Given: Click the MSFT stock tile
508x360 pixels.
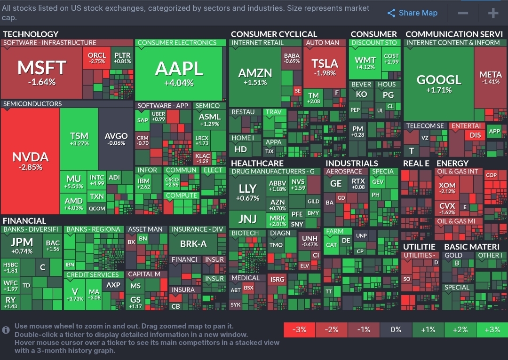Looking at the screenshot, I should [x=41, y=73].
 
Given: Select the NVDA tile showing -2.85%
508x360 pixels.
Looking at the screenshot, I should [x=31, y=161].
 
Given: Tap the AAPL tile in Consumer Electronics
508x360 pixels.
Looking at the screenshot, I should [x=179, y=73].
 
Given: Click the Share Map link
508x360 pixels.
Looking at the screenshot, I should [x=413, y=13].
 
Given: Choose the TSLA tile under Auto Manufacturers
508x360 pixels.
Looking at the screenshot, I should [x=325, y=67].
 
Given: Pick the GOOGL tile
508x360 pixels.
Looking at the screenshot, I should [x=438, y=84].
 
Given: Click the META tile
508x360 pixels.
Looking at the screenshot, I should [x=490, y=78].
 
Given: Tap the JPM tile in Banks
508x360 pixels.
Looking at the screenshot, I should [x=22, y=245].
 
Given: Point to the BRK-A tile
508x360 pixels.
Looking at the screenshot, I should [x=193, y=244].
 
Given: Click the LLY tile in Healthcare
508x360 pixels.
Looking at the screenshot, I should [x=247, y=192].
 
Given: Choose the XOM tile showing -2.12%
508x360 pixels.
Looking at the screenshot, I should [x=447, y=188].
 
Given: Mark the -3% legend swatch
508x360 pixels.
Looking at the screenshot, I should [x=300, y=329].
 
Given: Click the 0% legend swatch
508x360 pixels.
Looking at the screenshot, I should [x=396, y=329].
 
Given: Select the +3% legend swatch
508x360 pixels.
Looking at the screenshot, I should [x=492, y=329].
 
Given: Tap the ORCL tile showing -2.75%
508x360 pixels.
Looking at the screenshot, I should [x=97, y=58].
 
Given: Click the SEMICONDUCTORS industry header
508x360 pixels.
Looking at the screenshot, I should [x=32, y=104].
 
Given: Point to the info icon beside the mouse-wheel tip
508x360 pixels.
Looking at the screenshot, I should [x=6, y=330].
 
